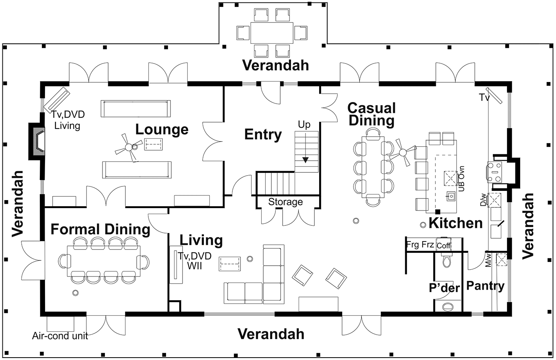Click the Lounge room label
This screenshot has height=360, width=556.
pos(162,129)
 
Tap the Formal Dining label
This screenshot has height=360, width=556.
pos(100,229)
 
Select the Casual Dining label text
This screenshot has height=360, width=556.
pos(371,114)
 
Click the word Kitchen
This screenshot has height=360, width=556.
pos(455,223)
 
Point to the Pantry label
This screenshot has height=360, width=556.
pos(485,286)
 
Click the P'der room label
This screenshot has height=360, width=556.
pos(444,288)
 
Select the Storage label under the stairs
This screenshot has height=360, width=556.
pos(285,202)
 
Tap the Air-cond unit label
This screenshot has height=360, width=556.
pos(60,335)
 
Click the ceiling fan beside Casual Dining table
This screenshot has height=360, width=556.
pos(402,152)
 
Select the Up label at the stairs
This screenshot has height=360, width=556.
pos(304,125)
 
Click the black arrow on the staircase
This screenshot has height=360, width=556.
pos(306,160)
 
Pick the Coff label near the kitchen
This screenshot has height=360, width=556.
pos(444,245)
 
